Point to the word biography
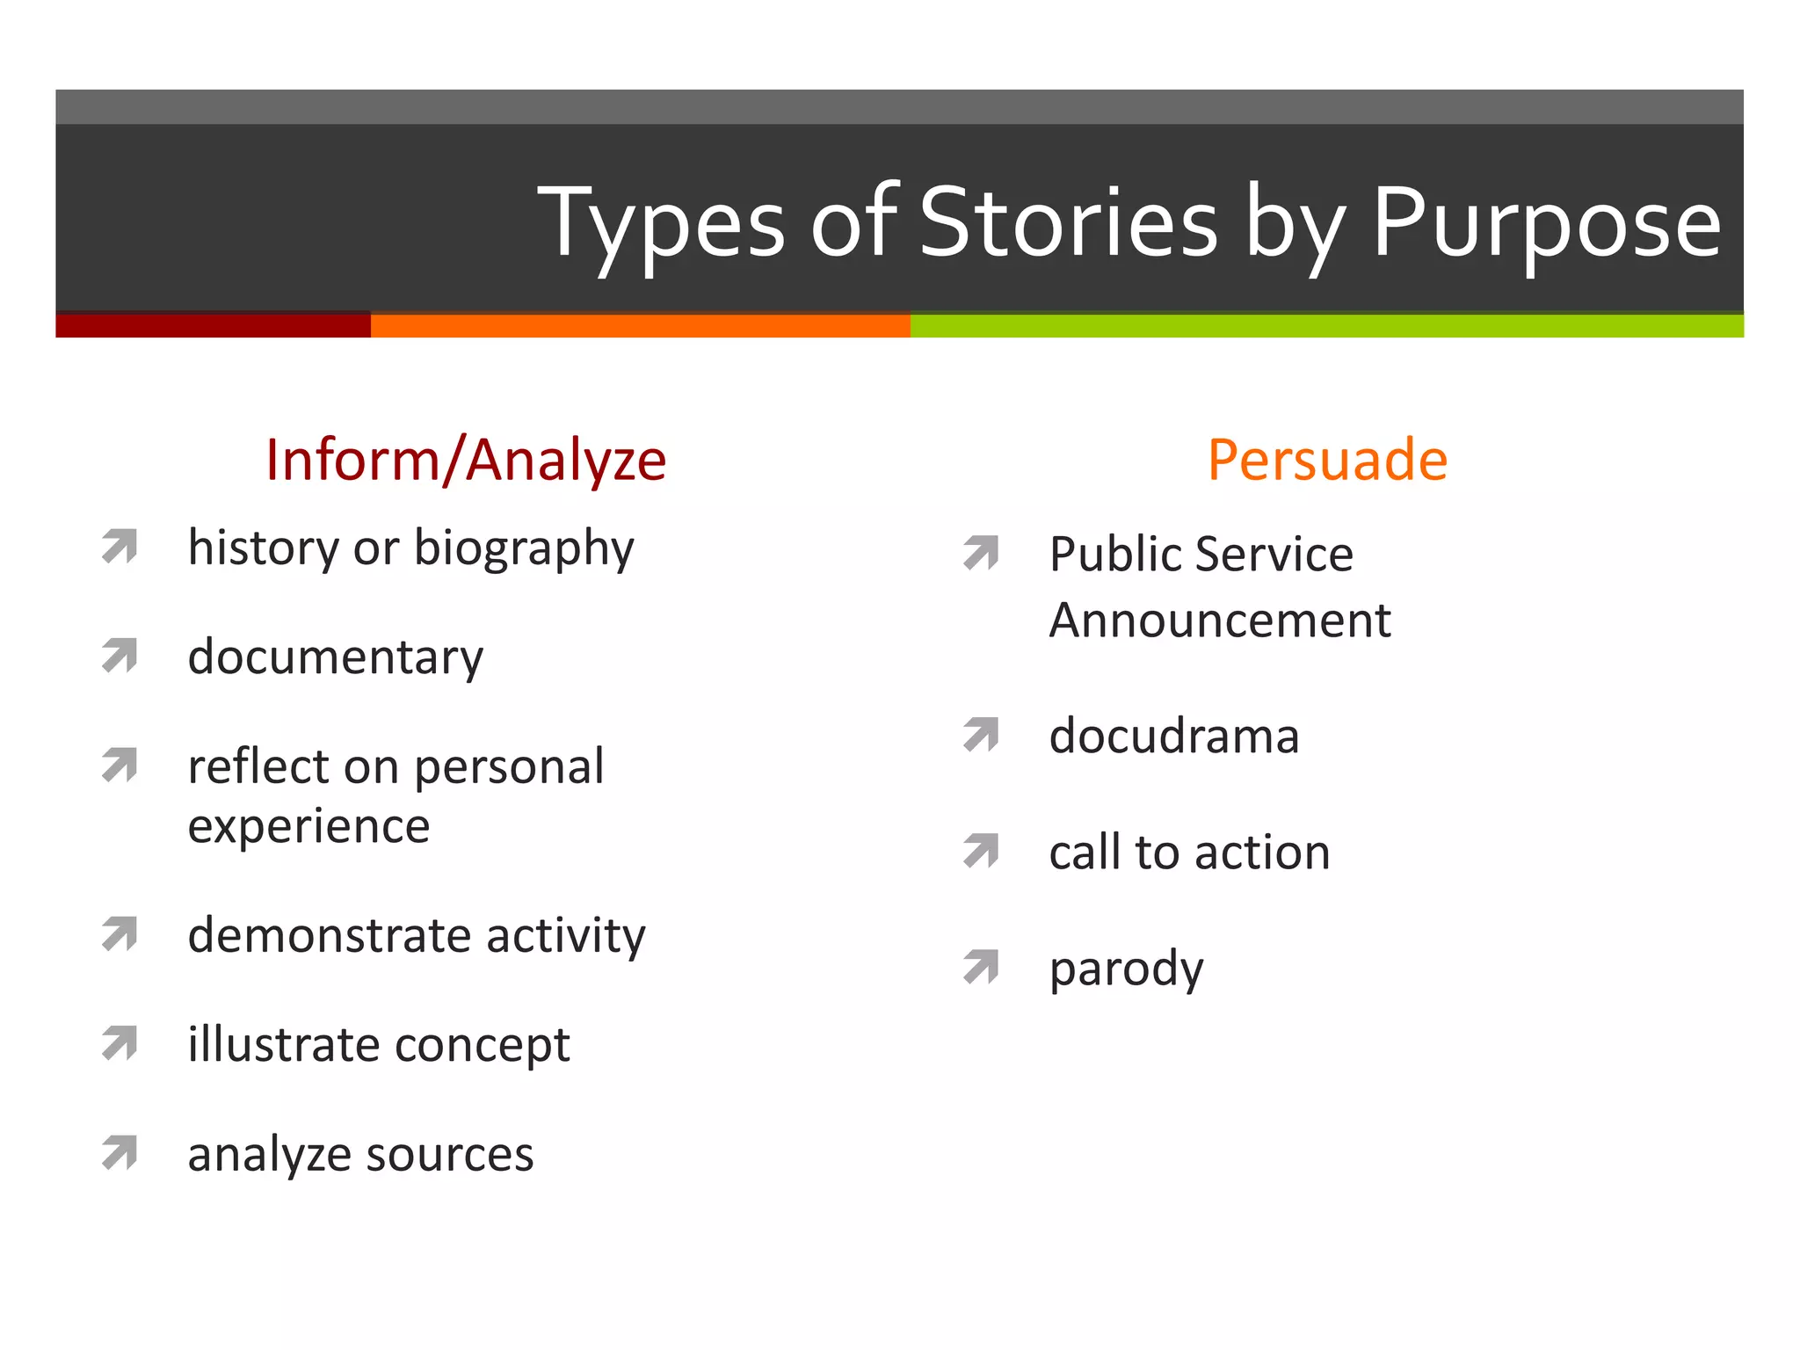tap(524, 549)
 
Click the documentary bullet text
tap(335, 657)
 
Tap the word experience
tap(308, 826)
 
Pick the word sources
tap(448, 1155)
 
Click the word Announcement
tap(1220, 621)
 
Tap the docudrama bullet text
tap(1173, 737)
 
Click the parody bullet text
tap(1126, 969)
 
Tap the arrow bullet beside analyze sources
tap(120, 1152)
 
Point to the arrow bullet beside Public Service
tap(982, 552)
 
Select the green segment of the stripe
tap(1327, 325)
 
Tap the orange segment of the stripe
tap(640, 325)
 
